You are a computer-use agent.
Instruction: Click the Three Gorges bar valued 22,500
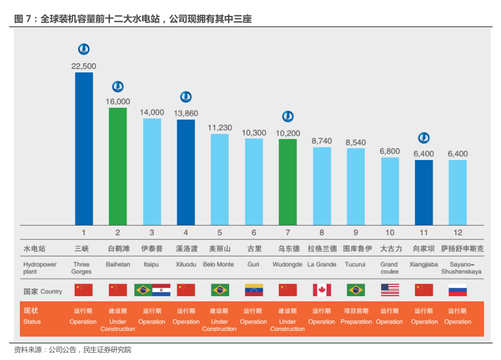[84, 148]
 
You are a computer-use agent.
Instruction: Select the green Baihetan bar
[118, 166]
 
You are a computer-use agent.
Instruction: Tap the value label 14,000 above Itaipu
[152, 112]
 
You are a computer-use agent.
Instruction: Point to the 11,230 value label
[219, 128]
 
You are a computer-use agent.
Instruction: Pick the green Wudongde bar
[288, 182]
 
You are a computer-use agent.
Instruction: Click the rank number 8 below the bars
[321, 232]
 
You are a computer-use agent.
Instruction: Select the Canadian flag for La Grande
[321, 290]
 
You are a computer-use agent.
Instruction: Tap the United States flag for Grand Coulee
[389, 290]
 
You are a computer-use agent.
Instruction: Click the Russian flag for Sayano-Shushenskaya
[458, 290]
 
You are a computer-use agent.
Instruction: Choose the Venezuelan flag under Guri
[254, 290]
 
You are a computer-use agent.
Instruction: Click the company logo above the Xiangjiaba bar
[423, 138]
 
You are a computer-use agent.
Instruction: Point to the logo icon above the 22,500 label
[84, 50]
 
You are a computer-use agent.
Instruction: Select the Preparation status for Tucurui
[356, 322]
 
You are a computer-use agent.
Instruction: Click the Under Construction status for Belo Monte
[219, 325]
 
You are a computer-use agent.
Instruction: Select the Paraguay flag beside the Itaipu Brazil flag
[161, 290]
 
